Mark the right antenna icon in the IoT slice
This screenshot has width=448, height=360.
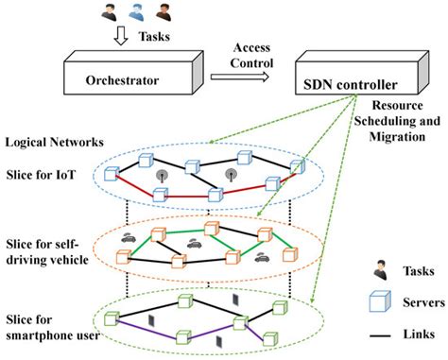tap(231, 175)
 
